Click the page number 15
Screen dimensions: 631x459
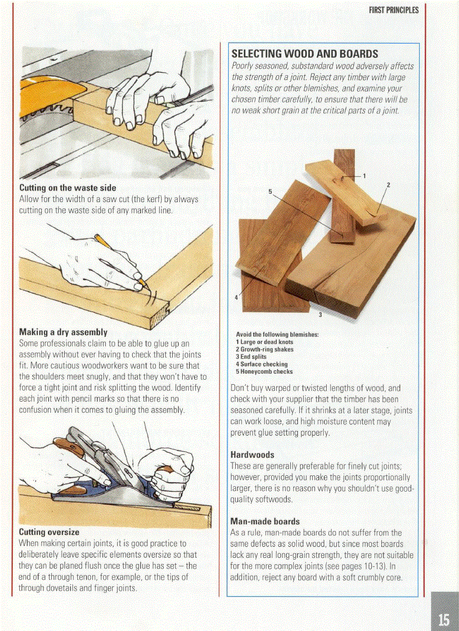pyautogui.click(x=444, y=619)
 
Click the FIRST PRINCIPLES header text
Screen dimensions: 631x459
pyautogui.click(x=394, y=11)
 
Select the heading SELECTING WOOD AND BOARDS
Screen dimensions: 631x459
pyautogui.click(x=304, y=55)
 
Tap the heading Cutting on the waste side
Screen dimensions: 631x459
pyautogui.click(x=67, y=188)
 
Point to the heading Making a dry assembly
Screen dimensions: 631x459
pyautogui.click(x=63, y=332)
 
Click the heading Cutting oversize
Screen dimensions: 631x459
pyautogui.click(x=49, y=532)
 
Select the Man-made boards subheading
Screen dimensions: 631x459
pyautogui.click(x=265, y=521)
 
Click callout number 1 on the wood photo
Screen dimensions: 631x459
pyautogui.click(x=364, y=176)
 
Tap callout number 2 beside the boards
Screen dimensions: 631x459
pyautogui.click(x=388, y=185)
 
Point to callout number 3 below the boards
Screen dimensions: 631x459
pyautogui.click(x=319, y=314)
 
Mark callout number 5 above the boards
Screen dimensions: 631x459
pyautogui.click(x=270, y=192)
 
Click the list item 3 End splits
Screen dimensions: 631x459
pyautogui.click(x=251, y=357)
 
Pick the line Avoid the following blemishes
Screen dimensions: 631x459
pyautogui.click(x=277, y=334)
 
